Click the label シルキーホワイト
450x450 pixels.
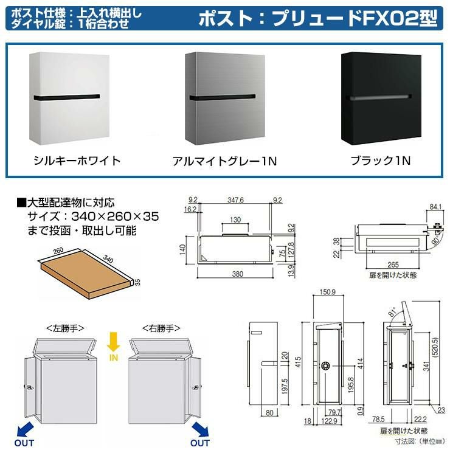coord(77,161)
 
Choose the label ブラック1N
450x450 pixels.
coord(381,161)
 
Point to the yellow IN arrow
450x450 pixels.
coord(112,345)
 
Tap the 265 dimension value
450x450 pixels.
coord(392,265)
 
